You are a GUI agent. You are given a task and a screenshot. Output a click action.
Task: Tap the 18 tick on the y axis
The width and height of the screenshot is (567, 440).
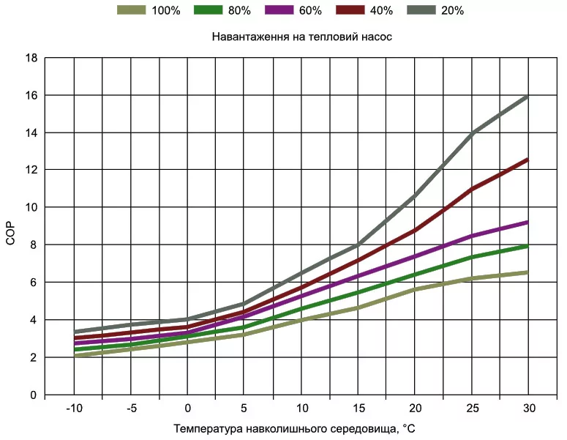31,58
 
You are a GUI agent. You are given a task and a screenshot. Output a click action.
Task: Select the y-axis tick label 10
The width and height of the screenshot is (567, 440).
31,207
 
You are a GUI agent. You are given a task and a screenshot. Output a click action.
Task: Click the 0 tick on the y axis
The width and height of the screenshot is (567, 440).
34,395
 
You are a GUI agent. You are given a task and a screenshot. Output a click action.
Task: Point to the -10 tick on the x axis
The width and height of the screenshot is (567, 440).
74,408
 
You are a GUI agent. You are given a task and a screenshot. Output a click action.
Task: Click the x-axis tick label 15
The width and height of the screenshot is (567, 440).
358,408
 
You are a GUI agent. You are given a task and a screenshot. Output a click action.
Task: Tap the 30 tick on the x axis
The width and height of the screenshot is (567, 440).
527,408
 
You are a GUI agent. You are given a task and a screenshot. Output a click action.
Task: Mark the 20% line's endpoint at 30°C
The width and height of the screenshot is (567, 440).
527,97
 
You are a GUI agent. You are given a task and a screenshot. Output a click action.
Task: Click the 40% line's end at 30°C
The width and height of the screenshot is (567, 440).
527,160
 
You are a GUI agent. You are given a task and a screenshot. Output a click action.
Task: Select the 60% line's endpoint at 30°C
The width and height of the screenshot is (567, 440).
527,222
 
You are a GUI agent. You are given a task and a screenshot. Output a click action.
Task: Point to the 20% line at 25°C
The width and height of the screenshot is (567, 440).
473,133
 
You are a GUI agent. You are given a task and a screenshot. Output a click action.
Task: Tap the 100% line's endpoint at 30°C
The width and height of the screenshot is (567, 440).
527,272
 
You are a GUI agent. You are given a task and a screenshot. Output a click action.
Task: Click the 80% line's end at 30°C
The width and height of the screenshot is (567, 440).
527,246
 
